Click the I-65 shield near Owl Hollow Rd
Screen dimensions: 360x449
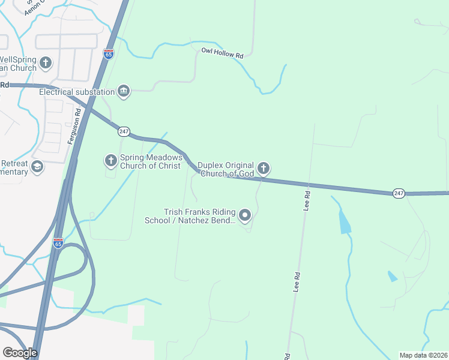tap(109, 53)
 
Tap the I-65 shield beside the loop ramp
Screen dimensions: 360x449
tap(58, 243)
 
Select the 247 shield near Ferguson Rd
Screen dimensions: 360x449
tap(124, 131)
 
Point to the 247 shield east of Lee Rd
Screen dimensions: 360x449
tap(399, 193)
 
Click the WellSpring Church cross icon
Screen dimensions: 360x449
tap(46, 62)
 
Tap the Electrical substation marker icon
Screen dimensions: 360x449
tap(124, 91)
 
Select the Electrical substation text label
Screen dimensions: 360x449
tap(77, 92)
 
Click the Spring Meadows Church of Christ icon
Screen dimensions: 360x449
tap(110, 161)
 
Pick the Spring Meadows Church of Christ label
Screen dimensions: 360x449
tap(150, 161)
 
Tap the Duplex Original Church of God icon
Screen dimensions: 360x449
tap(263, 169)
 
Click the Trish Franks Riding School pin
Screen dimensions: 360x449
tap(245, 215)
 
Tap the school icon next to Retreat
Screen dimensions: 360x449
tap(37, 166)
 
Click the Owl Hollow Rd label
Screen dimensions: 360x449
tap(222, 55)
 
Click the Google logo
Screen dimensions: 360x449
tap(20, 353)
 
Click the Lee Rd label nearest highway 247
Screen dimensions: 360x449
tap(307, 201)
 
